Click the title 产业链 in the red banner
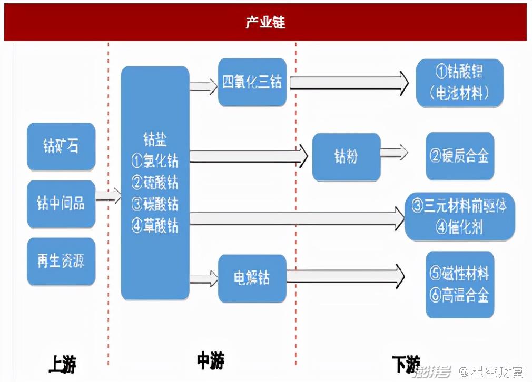coord(265,23)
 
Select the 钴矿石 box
coord(61,146)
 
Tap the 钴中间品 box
coord(61,204)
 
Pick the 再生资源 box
coord(61,261)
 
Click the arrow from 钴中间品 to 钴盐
coord(108,197)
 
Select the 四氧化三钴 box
coord(252,82)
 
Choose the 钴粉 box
coord(346,157)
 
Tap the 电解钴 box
coord(252,278)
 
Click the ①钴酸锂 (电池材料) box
coord(459,83)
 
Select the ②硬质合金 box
coord(460,156)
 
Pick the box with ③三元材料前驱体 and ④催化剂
coord(459,216)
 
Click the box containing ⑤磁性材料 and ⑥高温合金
coord(460,284)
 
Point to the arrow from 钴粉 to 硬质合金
coord(394,153)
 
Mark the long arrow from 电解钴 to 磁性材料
coord(346,276)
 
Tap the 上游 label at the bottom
coord(62,364)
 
